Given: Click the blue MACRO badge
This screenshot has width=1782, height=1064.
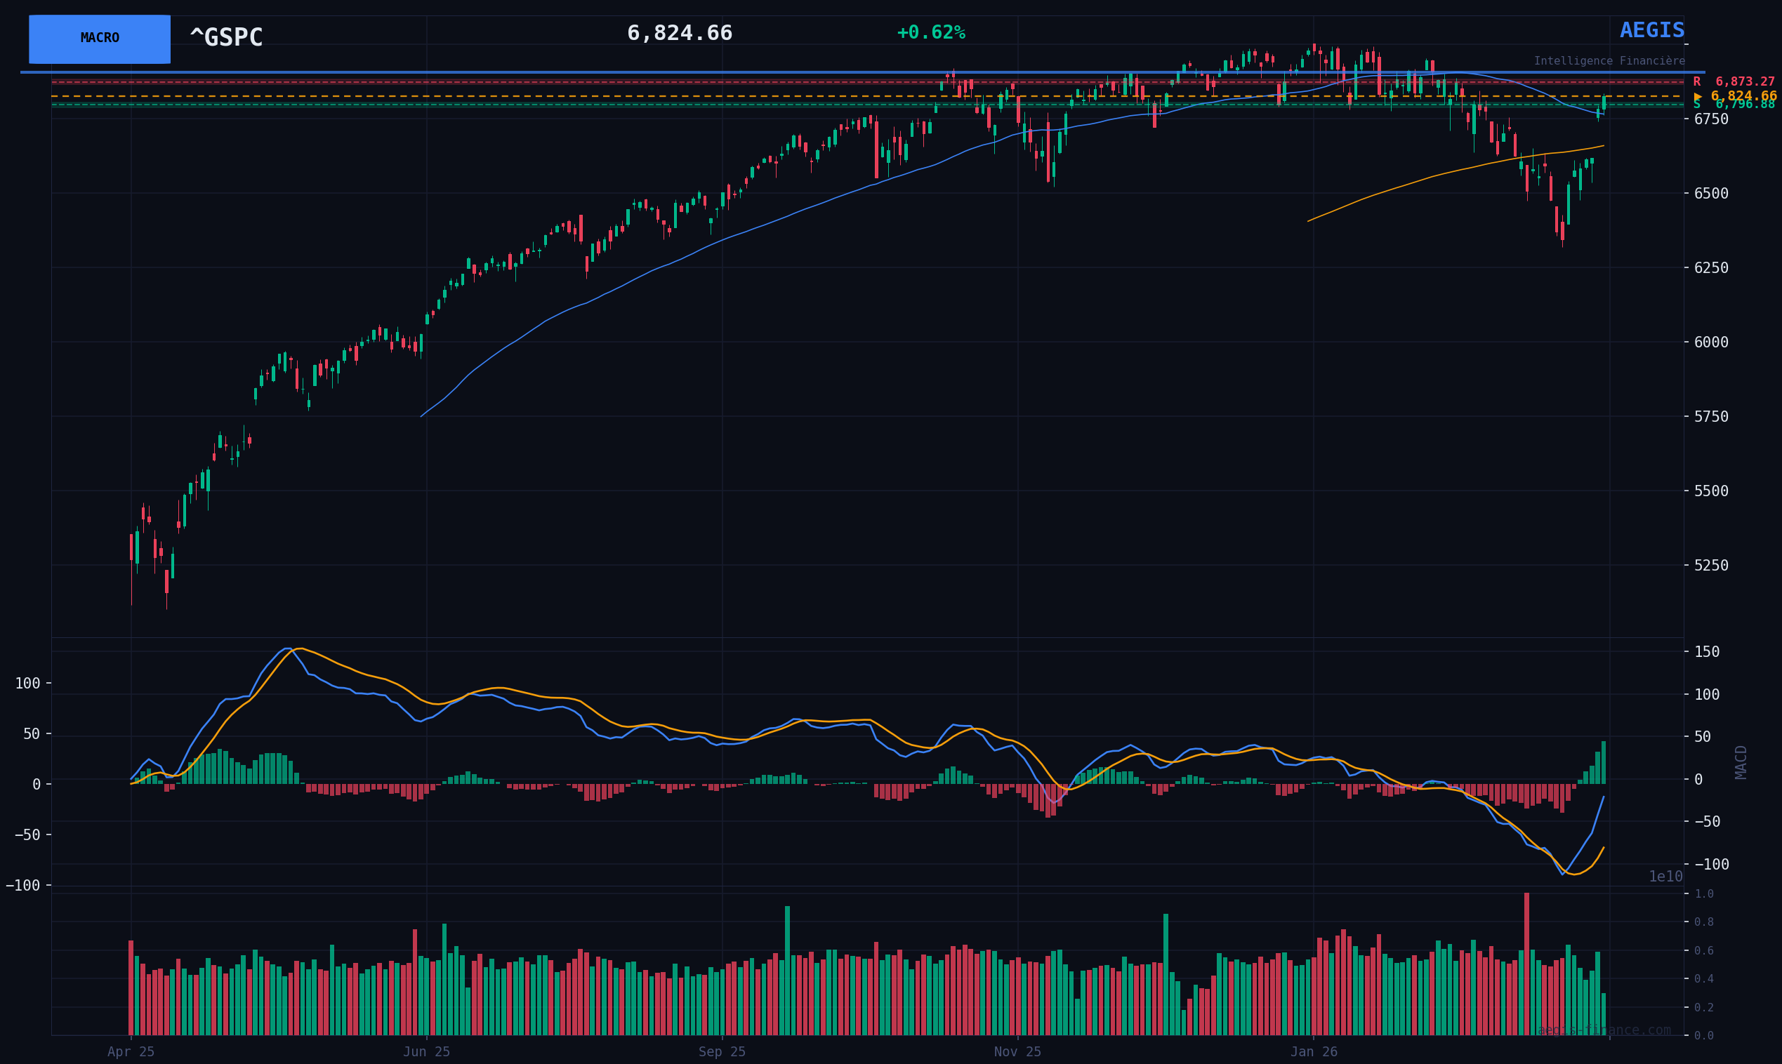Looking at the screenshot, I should (100, 39).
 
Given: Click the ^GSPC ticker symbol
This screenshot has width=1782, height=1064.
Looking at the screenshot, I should (226, 37).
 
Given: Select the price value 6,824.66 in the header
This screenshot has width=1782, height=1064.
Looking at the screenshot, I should (679, 34).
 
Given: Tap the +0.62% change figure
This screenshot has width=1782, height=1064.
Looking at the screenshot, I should (930, 33).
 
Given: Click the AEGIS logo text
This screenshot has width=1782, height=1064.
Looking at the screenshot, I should (1651, 31).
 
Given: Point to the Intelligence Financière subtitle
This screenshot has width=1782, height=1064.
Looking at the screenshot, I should (1609, 61).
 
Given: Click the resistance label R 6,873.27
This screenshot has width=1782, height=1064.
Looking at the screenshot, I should (1734, 81).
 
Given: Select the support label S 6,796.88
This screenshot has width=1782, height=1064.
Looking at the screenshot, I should (1734, 105).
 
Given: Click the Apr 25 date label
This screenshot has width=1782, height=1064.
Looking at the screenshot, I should (131, 1052).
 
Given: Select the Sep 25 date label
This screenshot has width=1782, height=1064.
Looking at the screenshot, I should (721, 1052).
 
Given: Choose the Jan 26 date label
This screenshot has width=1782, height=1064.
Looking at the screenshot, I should (1314, 1052).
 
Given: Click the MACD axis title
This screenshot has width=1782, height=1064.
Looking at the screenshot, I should (1741, 762).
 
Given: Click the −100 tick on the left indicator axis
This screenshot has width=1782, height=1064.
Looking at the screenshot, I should (23, 886).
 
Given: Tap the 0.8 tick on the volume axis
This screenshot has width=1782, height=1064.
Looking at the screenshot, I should (1704, 922).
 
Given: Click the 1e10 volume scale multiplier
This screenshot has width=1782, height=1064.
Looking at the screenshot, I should (1665, 877).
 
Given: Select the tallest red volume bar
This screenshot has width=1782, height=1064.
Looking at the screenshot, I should (1526, 964).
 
